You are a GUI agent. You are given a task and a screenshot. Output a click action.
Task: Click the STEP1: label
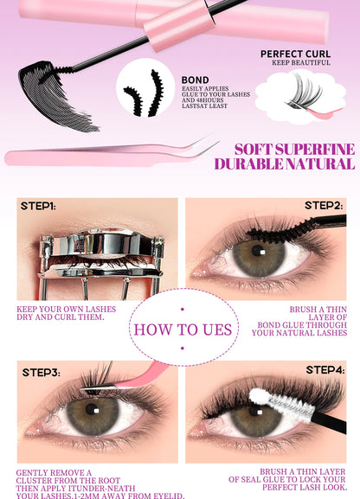pos(38,206)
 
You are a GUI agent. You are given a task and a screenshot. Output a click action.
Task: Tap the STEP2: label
pos(324,206)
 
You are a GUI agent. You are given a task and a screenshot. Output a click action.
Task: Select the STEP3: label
pos(41,373)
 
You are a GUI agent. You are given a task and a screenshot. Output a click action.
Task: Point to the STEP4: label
pos(325,370)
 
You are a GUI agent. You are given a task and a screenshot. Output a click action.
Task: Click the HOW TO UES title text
pos(183,329)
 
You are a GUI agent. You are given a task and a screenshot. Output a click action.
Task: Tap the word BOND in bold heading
pos(196,80)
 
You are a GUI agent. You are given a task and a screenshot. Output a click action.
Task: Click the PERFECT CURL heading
pos(295,54)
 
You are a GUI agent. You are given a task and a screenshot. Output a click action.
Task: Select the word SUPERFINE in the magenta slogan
pos(315,150)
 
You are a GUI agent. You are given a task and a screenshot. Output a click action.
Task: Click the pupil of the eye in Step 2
pos(258,251)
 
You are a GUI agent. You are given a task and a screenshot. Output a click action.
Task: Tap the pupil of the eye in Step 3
pos(92,409)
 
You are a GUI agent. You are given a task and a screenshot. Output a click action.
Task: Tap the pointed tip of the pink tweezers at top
pos(219,142)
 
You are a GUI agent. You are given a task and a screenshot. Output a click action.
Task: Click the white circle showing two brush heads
pos(145,87)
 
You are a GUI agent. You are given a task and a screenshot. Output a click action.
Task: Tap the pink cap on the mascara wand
pos(179,24)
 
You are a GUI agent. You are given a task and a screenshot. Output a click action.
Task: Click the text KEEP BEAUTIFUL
pos(301,62)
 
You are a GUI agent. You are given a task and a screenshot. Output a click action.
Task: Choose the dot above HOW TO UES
pos(183,309)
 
